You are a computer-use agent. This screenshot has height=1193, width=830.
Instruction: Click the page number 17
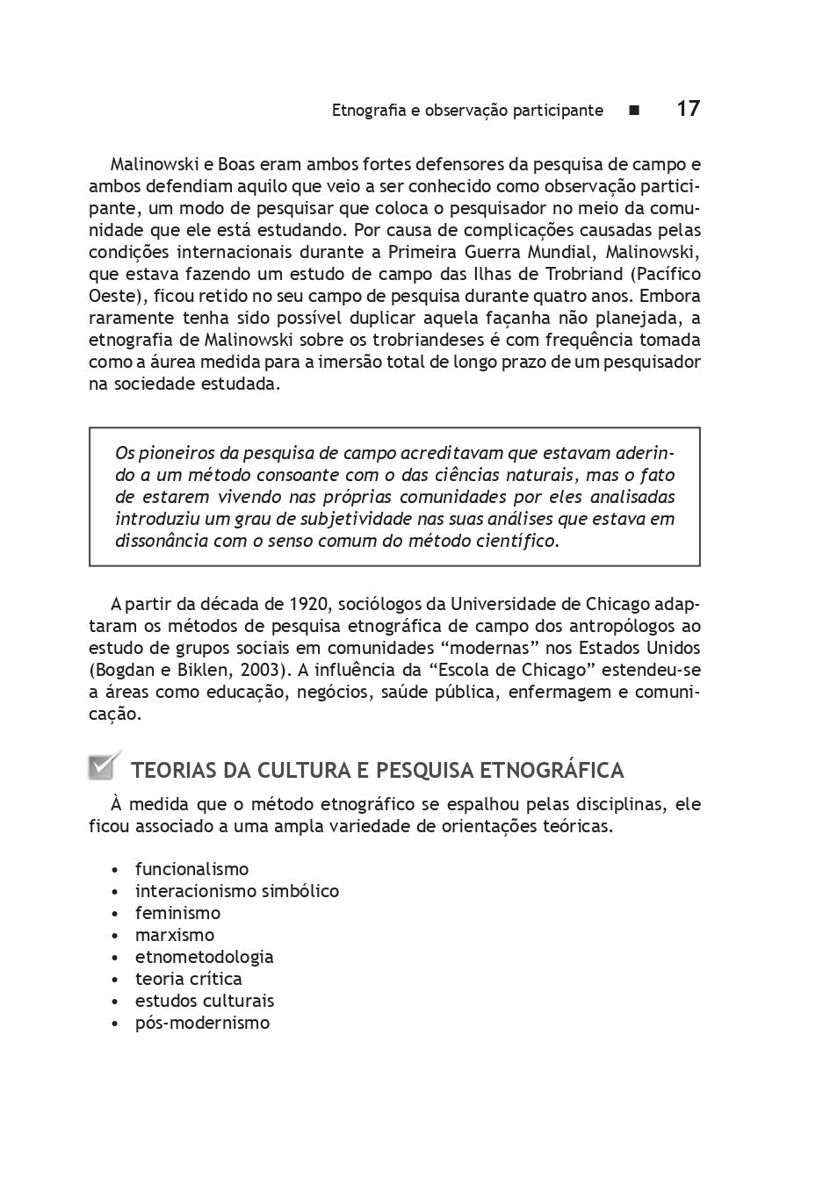(x=688, y=109)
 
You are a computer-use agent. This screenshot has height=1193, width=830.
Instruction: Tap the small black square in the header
(x=634, y=111)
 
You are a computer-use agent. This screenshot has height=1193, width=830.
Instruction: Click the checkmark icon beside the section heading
(x=103, y=766)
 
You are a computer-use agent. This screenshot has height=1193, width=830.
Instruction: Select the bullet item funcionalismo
(x=191, y=869)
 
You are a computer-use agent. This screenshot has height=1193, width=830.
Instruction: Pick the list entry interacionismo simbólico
(x=236, y=891)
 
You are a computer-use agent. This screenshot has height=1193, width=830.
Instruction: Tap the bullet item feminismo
(x=177, y=913)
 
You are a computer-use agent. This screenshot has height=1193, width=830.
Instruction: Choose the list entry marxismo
(x=175, y=935)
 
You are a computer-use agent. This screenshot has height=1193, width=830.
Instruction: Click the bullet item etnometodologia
(x=204, y=957)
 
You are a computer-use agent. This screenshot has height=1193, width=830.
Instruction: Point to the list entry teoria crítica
(x=188, y=979)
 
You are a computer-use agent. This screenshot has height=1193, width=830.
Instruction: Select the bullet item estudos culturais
(x=204, y=1001)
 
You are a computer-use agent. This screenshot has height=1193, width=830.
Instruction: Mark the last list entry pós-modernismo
(x=202, y=1023)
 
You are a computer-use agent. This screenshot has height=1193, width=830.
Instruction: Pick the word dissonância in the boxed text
(x=161, y=541)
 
